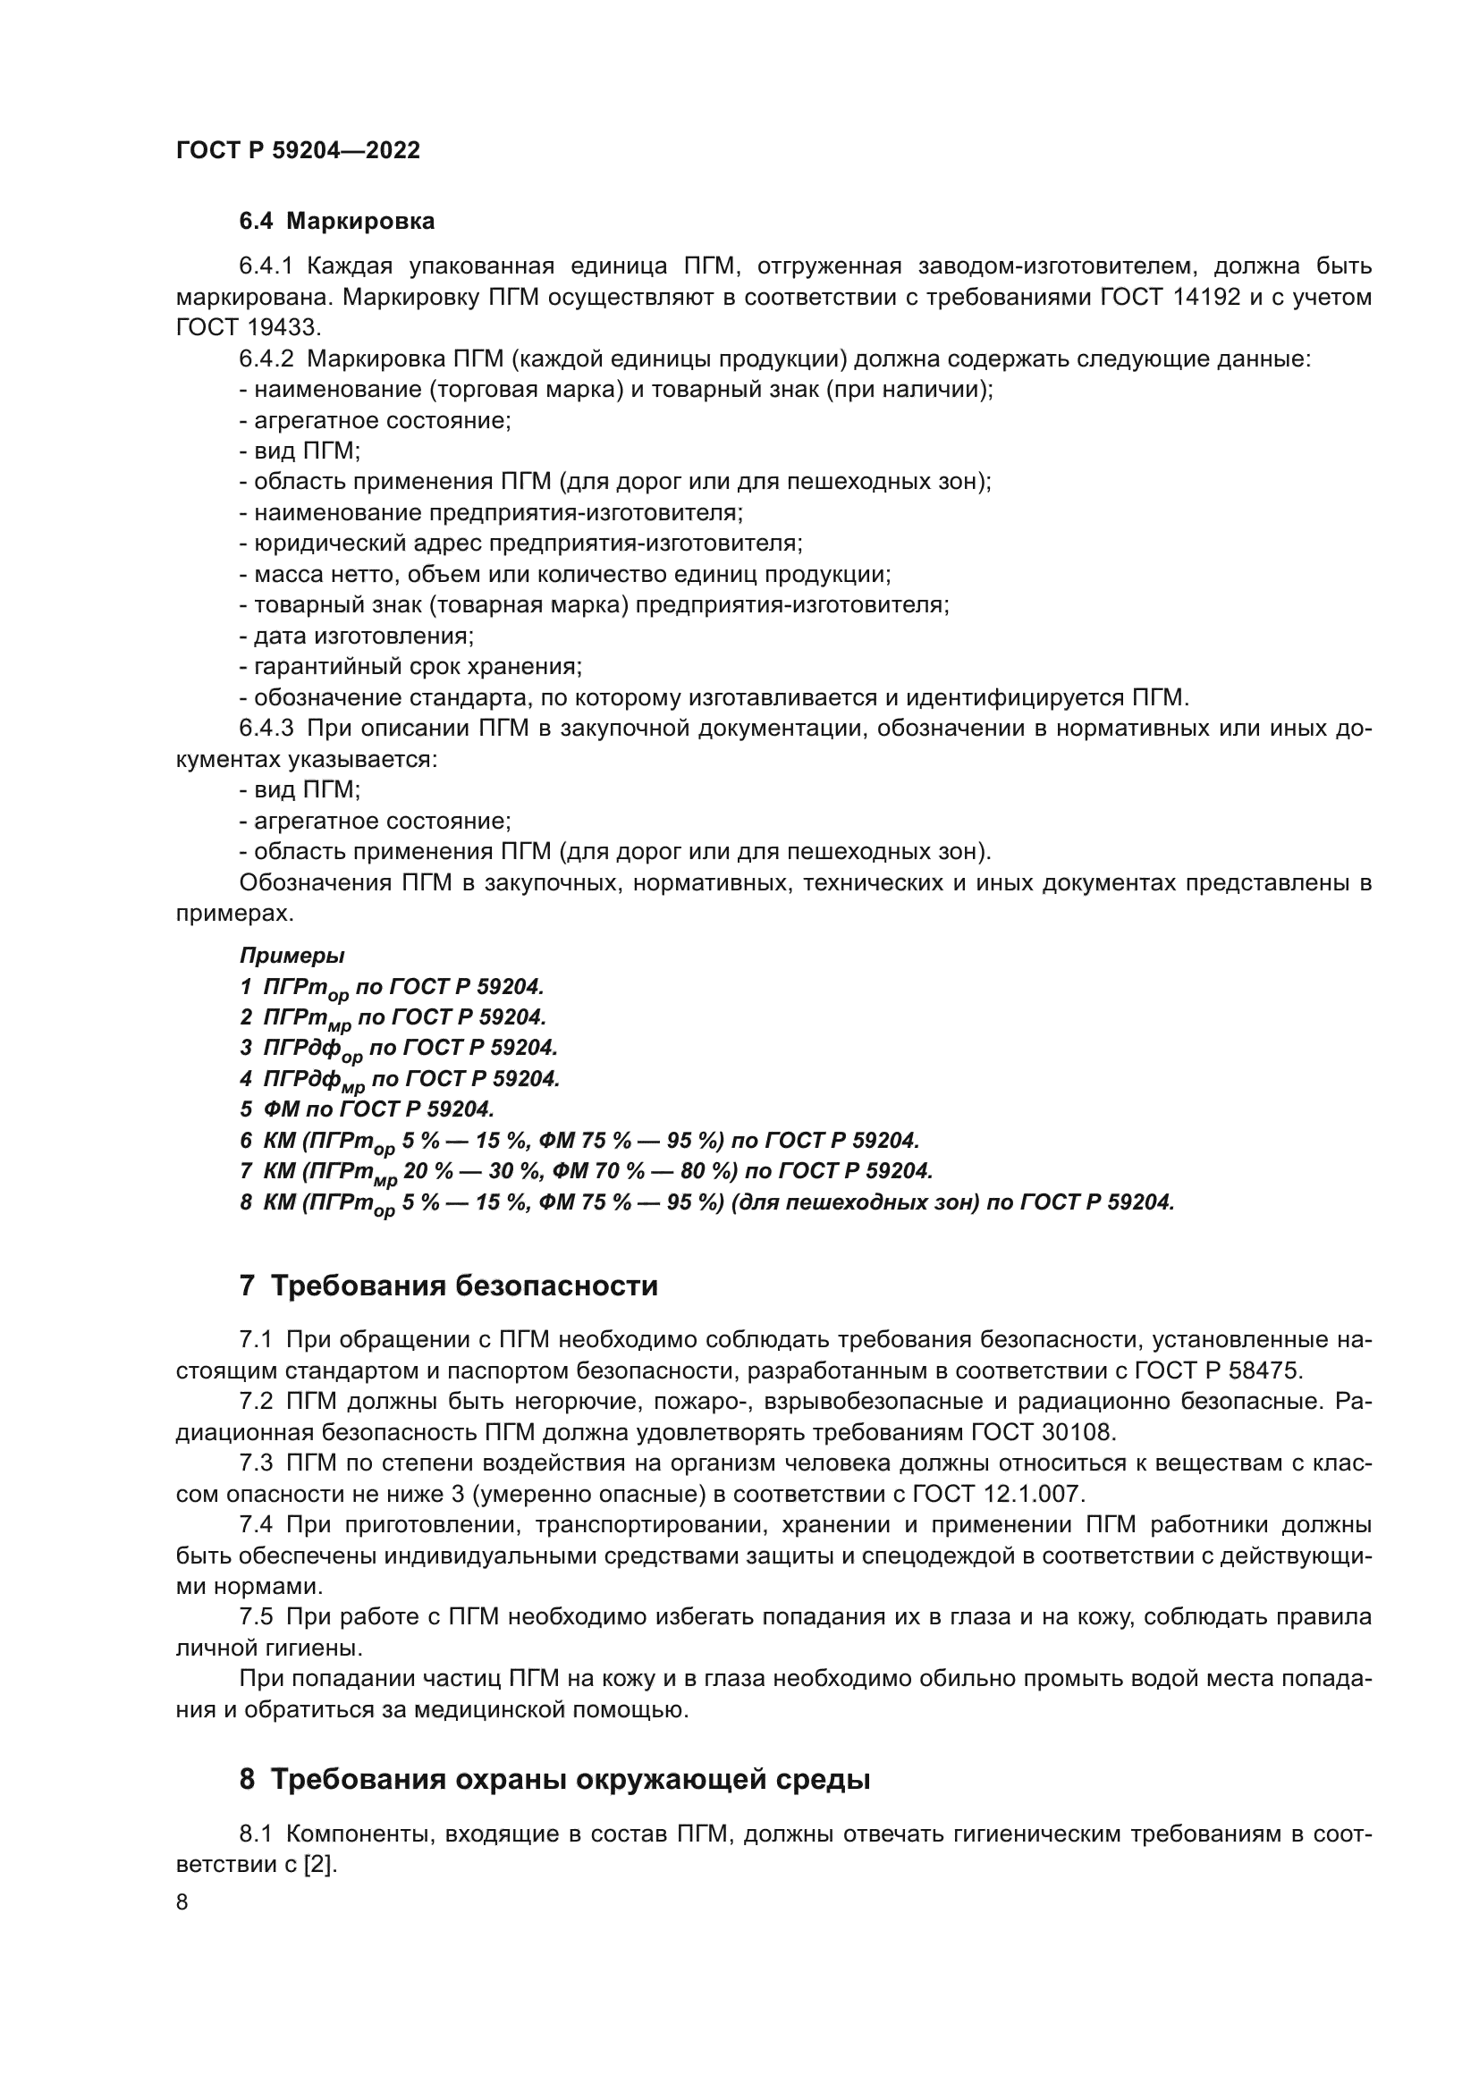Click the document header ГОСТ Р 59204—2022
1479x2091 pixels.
(x=298, y=150)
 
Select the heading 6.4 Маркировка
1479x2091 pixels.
(x=337, y=222)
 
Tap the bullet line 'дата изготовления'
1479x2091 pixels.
(x=356, y=636)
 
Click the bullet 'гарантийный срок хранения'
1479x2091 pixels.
(x=410, y=667)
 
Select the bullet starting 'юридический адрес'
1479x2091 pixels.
(x=521, y=544)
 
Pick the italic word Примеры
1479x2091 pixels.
(x=292, y=956)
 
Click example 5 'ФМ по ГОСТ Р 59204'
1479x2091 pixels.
(x=367, y=1109)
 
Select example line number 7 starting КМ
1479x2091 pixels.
(x=587, y=1171)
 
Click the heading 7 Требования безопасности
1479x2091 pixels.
(x=448, y=1286)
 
